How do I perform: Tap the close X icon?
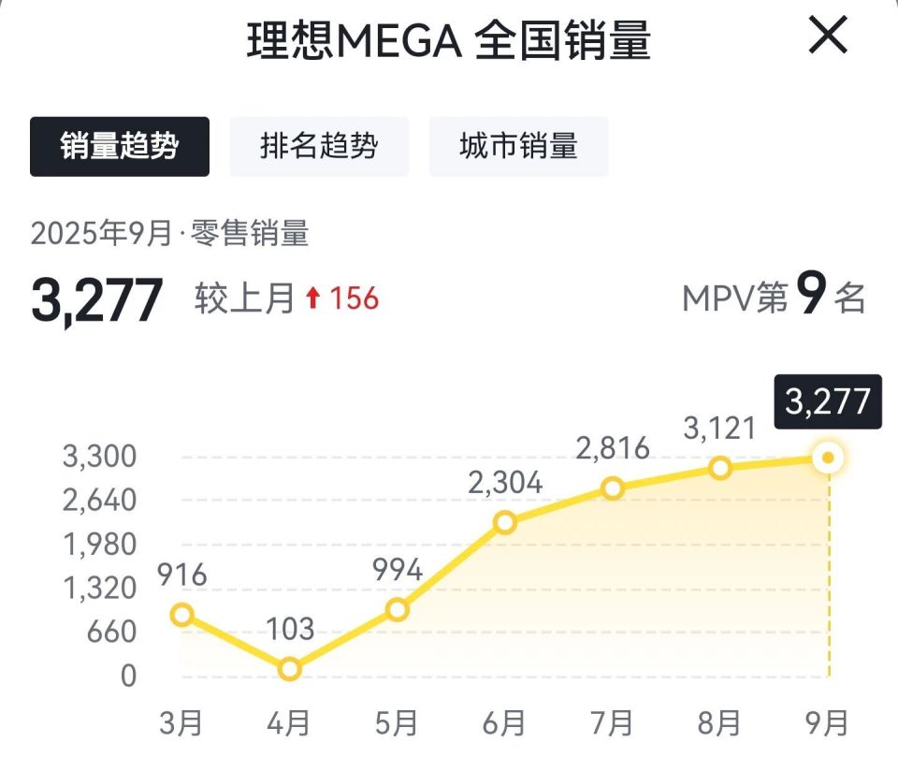point(827,36)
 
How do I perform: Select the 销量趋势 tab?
point(120,146)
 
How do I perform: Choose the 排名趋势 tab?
point(319,146)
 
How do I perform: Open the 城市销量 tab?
point(518,146)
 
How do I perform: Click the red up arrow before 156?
point(313,298)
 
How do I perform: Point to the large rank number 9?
point(811,297)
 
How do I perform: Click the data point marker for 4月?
point(290,669)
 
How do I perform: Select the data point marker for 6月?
point(505,522)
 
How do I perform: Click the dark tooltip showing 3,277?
point(828,401)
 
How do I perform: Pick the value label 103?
point(290,629)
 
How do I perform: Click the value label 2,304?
point(506,483)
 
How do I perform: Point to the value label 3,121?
point(718,428)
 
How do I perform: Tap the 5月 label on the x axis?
point(397,723)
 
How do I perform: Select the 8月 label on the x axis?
point(718,723)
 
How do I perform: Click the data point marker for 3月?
point(182,615)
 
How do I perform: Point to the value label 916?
point(182,575)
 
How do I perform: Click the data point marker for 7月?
point(613,488)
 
